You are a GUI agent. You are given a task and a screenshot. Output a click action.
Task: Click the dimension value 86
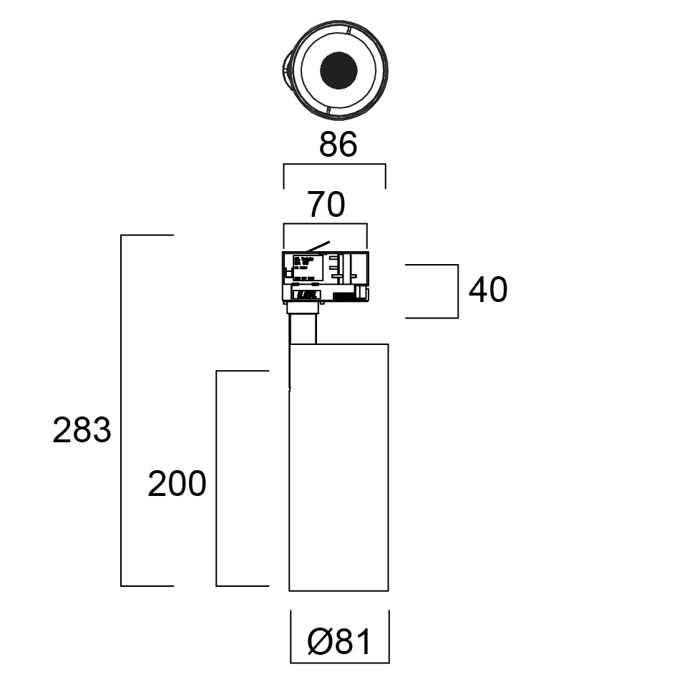[338, 145]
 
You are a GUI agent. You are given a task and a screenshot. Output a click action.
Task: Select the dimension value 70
[326, 206]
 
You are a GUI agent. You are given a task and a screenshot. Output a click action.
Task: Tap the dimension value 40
[488, 291]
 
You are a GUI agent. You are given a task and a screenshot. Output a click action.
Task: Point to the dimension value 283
[82, 431]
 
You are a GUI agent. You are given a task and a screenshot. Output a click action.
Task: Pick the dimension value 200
[177, 484]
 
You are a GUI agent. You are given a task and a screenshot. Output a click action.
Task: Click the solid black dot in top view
[338, 70]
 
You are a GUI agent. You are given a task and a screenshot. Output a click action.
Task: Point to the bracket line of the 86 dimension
[334, 165]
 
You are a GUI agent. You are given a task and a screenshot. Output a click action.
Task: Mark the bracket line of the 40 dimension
[457, 291]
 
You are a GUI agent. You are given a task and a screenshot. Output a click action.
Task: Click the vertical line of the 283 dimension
[121, 410]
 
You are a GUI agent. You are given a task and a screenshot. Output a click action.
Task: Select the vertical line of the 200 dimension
[217, 478]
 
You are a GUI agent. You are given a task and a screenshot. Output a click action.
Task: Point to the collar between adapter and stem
[303, 308]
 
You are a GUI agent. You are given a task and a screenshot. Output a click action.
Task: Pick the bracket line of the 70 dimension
[326, 225]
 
